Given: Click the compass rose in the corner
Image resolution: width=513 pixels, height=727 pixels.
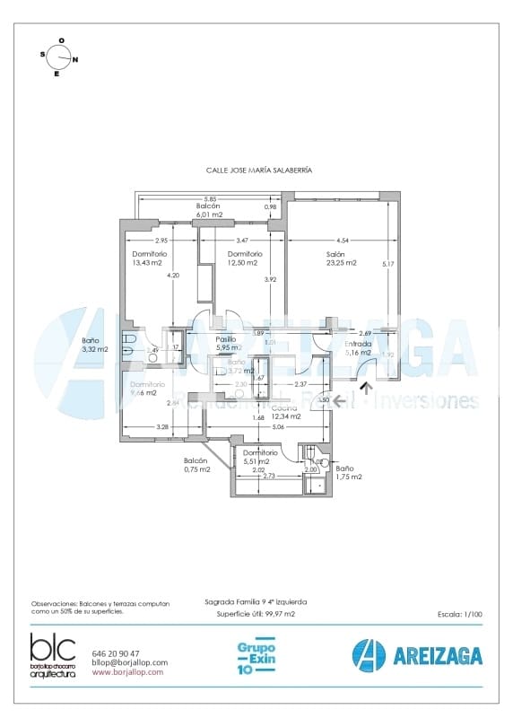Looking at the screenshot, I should (x=60, y=57).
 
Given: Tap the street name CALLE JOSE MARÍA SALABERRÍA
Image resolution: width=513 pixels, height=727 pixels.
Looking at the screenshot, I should (x=259, y=169).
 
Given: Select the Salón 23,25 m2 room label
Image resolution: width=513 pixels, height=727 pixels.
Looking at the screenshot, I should (x=341, y=258).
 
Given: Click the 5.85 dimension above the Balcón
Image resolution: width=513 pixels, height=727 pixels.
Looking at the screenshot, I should (x=209, y=198).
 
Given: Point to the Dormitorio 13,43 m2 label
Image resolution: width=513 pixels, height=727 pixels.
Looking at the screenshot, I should (x=147, y=258).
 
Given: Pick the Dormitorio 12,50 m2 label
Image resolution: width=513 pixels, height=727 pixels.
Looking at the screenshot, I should (x=242, y=258).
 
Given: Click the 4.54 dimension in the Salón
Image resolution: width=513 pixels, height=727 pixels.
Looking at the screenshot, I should (x=343, y=241).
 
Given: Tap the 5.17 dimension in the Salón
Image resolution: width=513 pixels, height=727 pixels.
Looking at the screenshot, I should (x=387, y=264).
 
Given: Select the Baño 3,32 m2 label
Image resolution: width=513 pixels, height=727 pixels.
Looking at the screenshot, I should (x=94, y=345).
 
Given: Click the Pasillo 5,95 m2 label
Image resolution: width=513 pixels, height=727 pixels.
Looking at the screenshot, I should (x=229, y=343).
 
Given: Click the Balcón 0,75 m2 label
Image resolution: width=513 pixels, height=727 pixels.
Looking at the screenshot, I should (x=196, y=465).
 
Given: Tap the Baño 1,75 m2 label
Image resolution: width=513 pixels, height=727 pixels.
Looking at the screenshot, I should (x=349, y=472).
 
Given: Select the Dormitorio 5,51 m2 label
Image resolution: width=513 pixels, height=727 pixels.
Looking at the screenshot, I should (x=260, y=457).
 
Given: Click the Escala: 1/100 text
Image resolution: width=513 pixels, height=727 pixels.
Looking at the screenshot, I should (x=460, y=615).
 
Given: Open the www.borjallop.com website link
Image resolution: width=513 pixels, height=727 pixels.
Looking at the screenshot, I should (x=127, y=671).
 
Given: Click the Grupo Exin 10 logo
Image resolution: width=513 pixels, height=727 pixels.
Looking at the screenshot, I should (x=256, y=657).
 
